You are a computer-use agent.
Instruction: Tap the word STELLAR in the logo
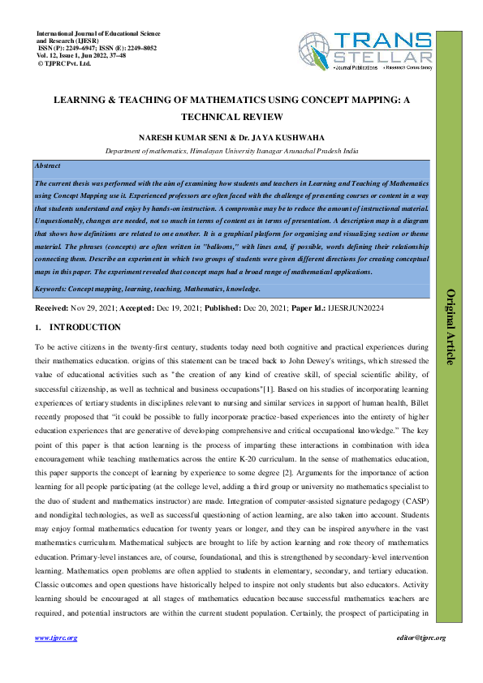tap(382, 56)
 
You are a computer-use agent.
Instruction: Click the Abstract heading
tap(49, 165)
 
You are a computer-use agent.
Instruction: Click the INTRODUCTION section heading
tap(85, 328)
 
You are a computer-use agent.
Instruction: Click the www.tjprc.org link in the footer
tap(56, 638)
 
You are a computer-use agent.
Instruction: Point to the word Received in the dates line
tap(50, 309)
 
